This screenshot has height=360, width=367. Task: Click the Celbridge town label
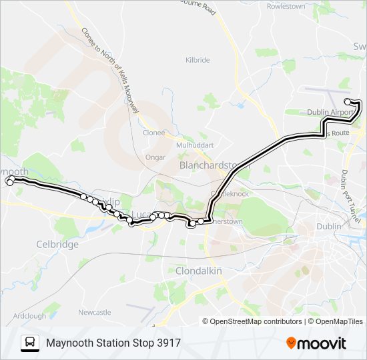[x=57, y=244]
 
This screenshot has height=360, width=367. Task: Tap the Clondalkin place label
[x=198, y=271]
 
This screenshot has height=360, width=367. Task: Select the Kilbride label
[x=198, y=60]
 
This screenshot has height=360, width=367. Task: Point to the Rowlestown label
[x=286, y=6]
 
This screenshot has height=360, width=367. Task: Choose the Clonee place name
[x=153, y=132]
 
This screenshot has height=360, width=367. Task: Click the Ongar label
[x=154, y=157]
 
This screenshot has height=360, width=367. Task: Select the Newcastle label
[x=94, y=312]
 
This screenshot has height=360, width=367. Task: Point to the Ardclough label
[x=29, y=315]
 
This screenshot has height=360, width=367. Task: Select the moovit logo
[x=316, y=343]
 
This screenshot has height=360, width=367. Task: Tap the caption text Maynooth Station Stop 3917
[x=113, y=343]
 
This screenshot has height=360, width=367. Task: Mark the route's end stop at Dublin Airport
[x=348, y=101]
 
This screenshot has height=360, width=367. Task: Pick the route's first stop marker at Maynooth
[x=9, y=181]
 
